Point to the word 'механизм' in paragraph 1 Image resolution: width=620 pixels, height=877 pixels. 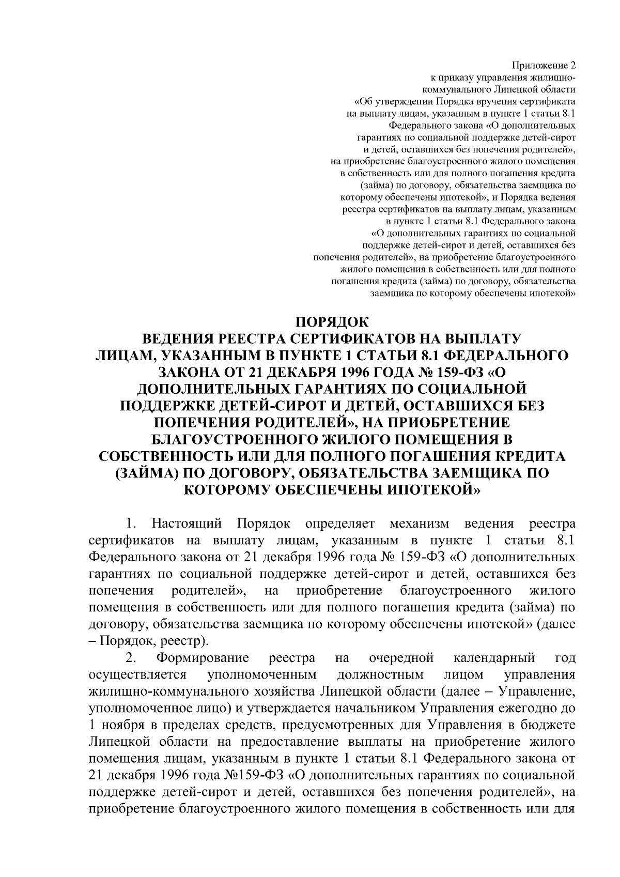[420, 524]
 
